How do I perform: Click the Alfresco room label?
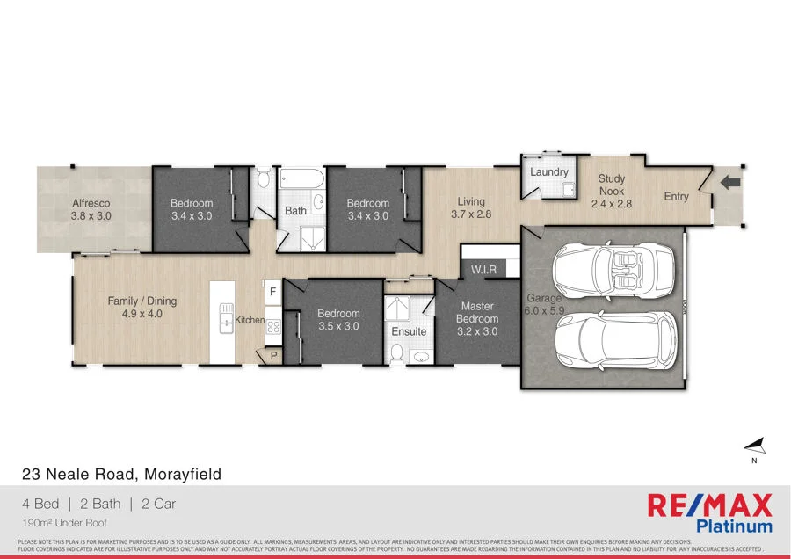91,209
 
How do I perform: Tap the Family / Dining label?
142,307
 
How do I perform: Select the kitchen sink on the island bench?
226,323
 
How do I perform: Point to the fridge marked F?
272,291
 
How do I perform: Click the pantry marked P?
272,355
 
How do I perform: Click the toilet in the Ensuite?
396,353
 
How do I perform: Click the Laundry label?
548,172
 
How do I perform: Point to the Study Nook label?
612,191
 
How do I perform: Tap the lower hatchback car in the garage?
618,340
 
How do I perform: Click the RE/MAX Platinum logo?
709,513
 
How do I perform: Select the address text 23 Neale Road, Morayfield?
121,475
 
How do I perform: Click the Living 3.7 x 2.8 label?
471,208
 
